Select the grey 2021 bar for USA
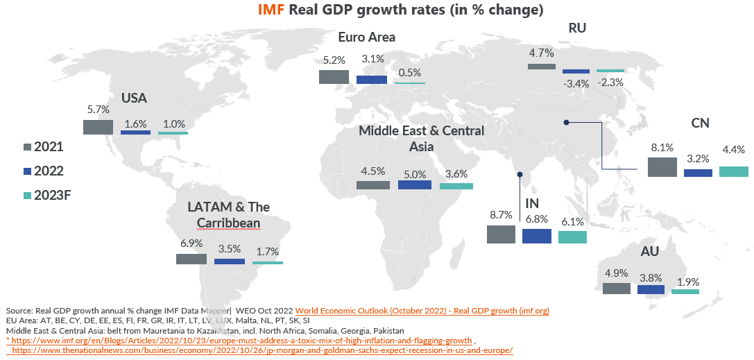coord(98,127)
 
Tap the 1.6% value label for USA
coord(135,123)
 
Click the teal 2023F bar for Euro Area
coord(410,83)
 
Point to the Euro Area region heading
coord(366,37)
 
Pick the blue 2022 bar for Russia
coord(576,71)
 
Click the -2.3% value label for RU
coord(610,82)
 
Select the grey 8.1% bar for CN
coord(662,166)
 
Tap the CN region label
coord(700,123)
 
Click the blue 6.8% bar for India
coord(537,236)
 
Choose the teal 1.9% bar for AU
coord(685,291)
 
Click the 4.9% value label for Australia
coord(616,273)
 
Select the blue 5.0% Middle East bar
coord(415,185)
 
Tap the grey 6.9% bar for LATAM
coord(191,259)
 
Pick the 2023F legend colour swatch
coord(28,195)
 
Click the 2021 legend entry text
coord(49,146)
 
